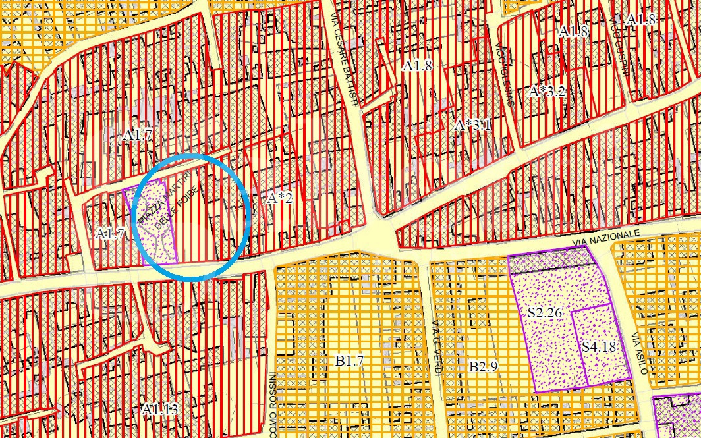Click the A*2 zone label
281,198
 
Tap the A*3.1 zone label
473,125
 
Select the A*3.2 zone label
547,92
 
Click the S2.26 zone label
545,312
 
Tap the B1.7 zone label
349,360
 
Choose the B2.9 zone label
483,366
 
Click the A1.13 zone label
159,409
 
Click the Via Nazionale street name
606,239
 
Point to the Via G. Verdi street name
437,348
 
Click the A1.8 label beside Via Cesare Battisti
417,66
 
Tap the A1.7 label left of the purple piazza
110,233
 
